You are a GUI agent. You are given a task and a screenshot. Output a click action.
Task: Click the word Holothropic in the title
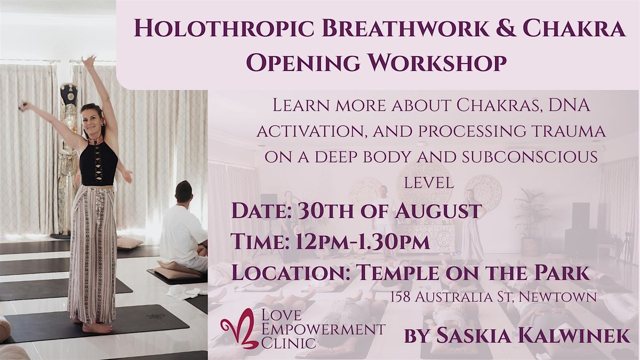[223, 28]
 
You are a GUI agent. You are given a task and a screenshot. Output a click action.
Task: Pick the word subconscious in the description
[530, 157]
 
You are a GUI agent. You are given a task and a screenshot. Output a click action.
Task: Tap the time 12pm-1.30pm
[363, 242]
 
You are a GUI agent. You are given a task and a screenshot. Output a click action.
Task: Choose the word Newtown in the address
[558, 297]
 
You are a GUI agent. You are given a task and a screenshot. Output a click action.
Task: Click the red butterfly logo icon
[238, 329]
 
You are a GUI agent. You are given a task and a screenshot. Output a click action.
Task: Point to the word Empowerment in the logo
[323, 329]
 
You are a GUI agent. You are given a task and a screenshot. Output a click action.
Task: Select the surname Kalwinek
[574, 335]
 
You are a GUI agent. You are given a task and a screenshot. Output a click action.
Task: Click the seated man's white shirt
[182, 234]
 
